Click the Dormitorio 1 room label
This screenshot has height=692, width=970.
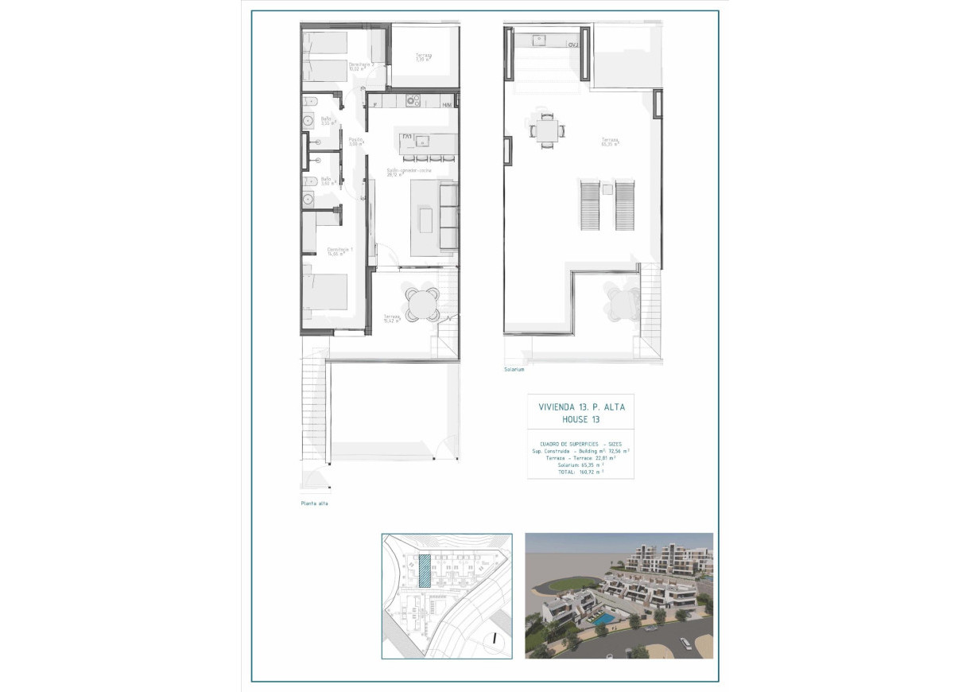click(x=339, y=251)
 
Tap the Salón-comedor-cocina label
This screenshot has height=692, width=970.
click(x=409, y=172)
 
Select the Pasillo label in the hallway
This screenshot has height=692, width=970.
click(x=355, y=142)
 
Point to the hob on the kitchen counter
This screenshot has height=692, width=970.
click(x=413, y=100)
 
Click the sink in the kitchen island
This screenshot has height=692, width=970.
click(x=422, y=142)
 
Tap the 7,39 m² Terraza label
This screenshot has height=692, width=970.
click(x=423, y=57)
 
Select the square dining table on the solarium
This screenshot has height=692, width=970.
click(x=546, y=130)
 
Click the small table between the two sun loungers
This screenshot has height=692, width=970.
click(x=608, y=190)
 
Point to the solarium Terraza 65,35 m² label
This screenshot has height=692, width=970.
click(x=610, y=143)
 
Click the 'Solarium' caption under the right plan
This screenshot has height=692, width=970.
click(x=514, y=370)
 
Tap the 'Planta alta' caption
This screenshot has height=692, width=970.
click(x=314, y=503)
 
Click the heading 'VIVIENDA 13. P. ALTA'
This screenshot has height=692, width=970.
click(x=581, y=406)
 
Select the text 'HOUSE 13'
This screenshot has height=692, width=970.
click(x=580, y=419)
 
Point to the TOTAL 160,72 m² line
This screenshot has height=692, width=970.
click(x=580, y=472)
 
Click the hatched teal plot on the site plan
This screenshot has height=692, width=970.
click(x=425, y=570)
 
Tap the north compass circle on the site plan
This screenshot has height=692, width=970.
click(x=495, y=636)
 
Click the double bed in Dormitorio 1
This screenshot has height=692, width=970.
click(x=326, y=294)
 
